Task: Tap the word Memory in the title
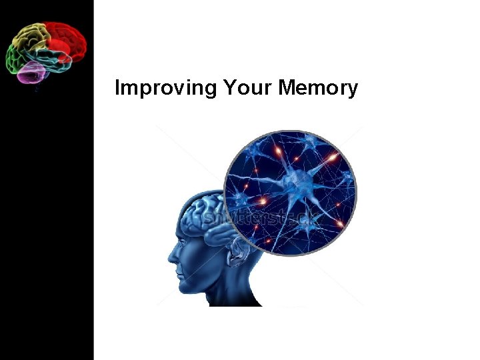point(317,88)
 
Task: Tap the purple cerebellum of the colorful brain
point(31,71)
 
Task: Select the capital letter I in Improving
point(117,87)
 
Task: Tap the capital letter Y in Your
point(228,87)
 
